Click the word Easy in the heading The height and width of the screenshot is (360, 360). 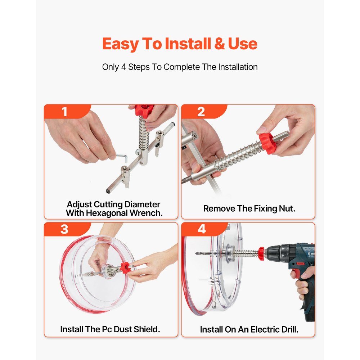coord(120,44)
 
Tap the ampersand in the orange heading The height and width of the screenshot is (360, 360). coord(220,44)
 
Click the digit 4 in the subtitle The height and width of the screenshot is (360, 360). coord(124,67)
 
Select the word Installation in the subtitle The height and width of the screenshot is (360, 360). coord(238,67)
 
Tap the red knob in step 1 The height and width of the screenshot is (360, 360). coord(144,111)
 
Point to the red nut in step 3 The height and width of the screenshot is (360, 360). coord(125,267)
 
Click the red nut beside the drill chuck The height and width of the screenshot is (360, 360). coord(261,253)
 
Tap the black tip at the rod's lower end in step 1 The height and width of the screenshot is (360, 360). coord(108,191)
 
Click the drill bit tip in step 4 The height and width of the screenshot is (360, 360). coord(196,253)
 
